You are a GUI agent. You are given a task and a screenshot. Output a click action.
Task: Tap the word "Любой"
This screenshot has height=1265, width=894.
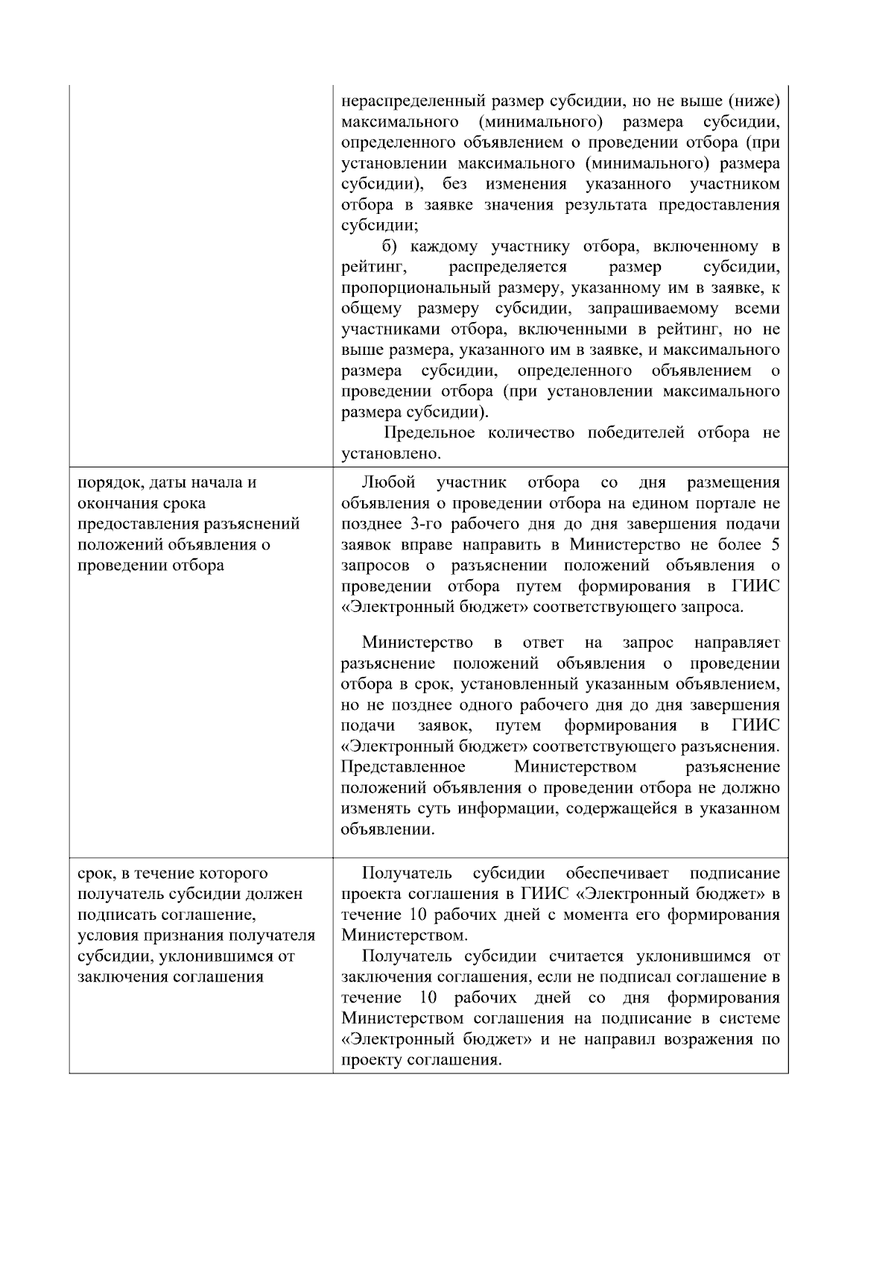coord(388,482)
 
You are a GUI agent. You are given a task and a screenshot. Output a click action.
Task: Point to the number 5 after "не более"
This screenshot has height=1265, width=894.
coord(775,544)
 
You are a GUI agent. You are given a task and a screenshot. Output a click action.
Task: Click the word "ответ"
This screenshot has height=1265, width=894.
coord(543,643)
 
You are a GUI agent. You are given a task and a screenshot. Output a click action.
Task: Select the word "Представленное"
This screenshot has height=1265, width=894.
coord(403,767)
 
